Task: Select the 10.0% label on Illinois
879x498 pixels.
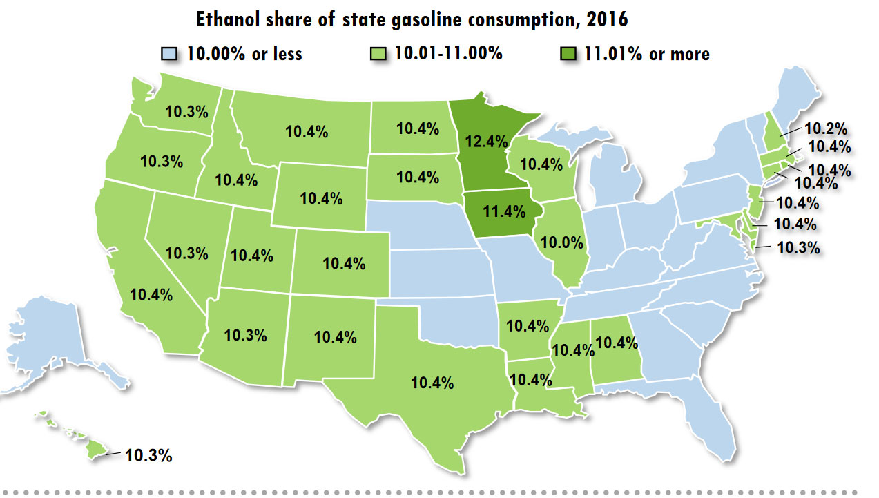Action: [x=563, y=242]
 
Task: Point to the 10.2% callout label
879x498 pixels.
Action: [x=826, y=128]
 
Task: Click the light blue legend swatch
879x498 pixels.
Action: [x=170, y=54]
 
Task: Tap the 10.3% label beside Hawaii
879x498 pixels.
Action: [x=148, y=455]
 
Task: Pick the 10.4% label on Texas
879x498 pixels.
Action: [x=432, y=382]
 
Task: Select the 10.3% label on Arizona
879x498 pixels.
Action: [x=246, y=335]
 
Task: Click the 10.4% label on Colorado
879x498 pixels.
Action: [x=344, y=263]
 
